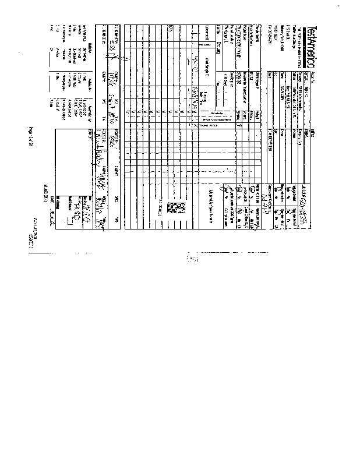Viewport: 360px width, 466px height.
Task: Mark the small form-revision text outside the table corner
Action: pos(39,234)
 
